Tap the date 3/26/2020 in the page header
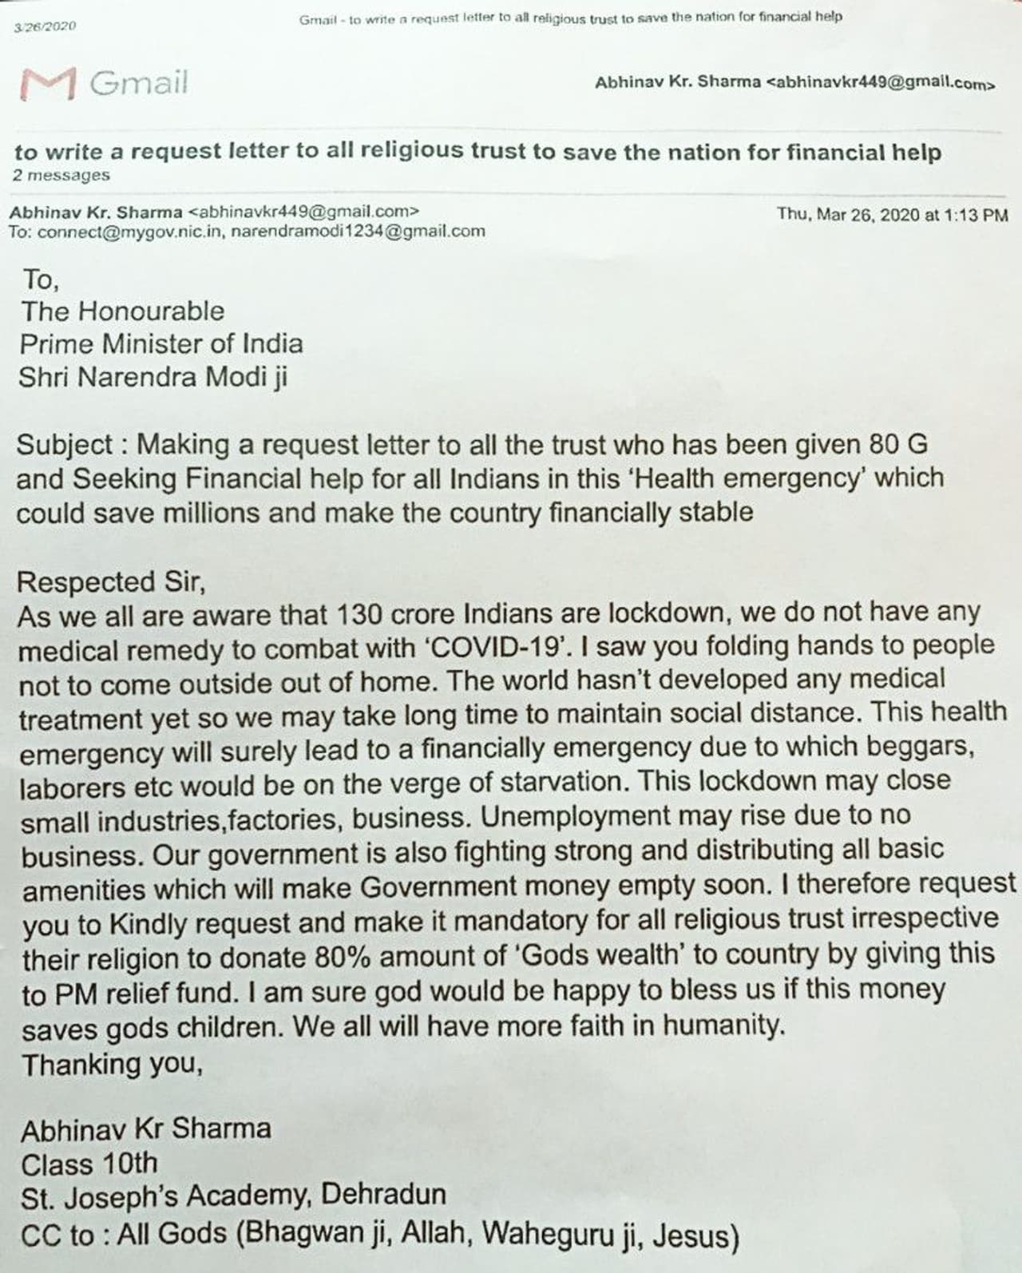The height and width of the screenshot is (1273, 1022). tap(45, 26)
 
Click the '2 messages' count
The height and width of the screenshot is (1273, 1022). tap(61, 175)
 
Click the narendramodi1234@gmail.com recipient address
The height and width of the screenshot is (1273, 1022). tap(358, 231)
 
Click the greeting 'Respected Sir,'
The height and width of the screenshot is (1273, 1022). tap(112, 581)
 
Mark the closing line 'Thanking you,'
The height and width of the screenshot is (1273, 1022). tap(113, 1064)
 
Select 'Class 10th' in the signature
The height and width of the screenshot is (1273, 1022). tap(89, 1164)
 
